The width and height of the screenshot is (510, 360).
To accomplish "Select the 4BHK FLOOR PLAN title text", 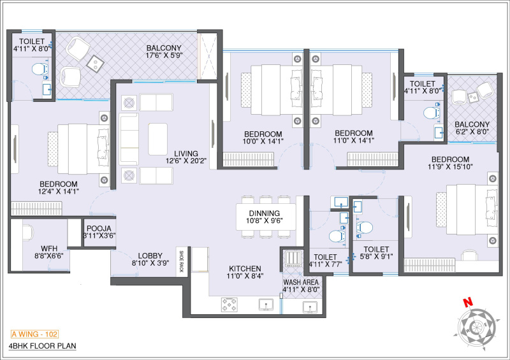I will tap(42, 347).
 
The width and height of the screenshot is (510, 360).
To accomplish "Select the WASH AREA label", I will tap(302, 284).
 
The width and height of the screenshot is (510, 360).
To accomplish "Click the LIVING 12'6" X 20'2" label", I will tap(181, 157).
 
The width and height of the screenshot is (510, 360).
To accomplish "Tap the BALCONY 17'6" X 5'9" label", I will tap(164, 52).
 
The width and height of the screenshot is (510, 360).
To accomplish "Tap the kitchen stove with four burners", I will tap(230, 305).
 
